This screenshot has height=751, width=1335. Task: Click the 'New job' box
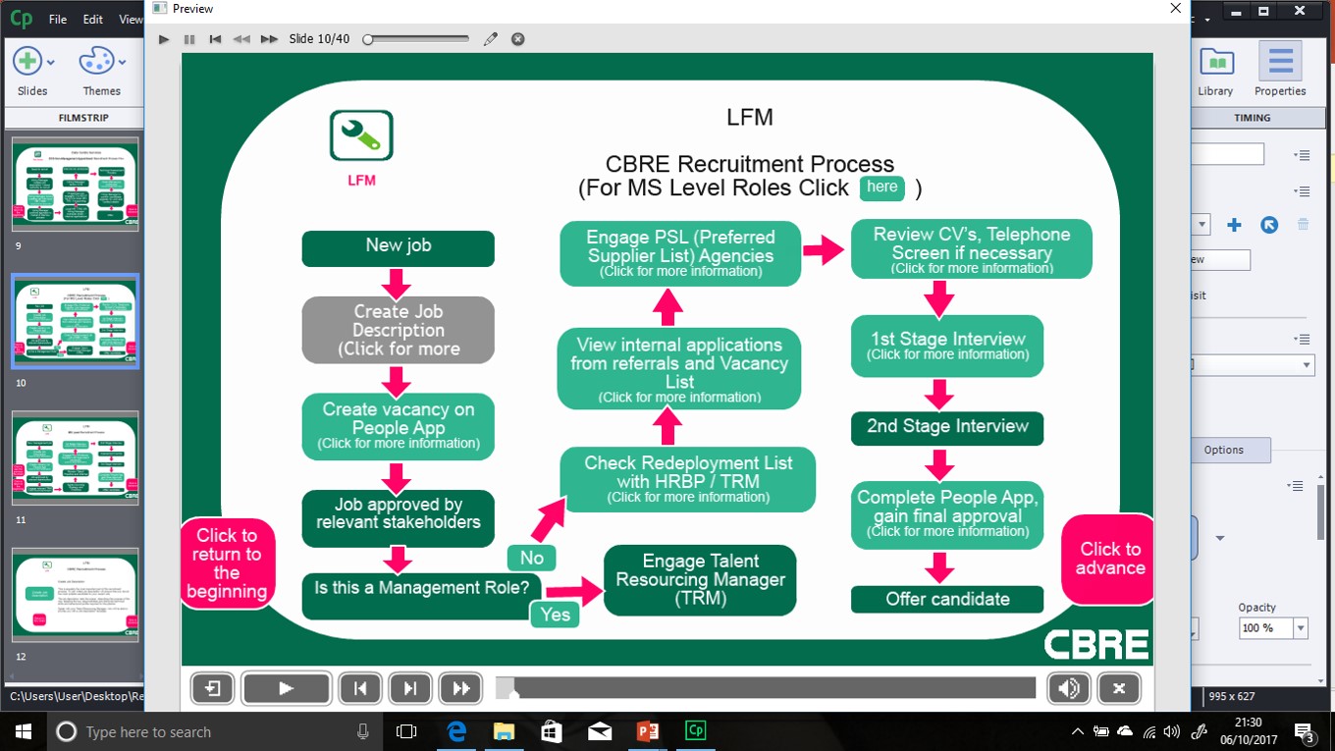click(398, 247)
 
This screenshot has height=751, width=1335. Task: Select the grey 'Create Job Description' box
click(398, 330)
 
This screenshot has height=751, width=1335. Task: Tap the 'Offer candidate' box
click(947, 599)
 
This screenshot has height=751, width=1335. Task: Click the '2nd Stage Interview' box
click(947, 427)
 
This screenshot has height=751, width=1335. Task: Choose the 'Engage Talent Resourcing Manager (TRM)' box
click(700, 580)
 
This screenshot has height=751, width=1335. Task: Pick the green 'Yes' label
click(555, 615)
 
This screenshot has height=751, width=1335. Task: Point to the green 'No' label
click(532, 558)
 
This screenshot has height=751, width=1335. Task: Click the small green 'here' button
click(881, 188)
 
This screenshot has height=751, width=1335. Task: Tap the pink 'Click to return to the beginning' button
click(227, 563)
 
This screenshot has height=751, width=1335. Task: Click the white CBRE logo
click(1095, 645)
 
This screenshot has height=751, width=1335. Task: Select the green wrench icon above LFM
click(361, 135)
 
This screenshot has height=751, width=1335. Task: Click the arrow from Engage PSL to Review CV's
click(825, 251)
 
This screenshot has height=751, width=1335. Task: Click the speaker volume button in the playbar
click(1068, 688)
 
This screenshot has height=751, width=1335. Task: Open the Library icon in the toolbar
click(1215, 71)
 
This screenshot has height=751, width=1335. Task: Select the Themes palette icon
click(101, 71)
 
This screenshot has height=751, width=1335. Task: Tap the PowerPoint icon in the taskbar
click(647, 731)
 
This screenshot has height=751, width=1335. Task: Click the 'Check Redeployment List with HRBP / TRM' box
click(687, 478)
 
